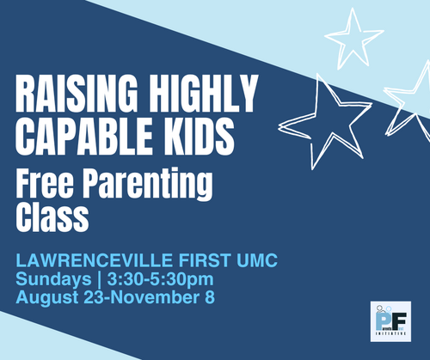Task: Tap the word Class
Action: coord(52,217)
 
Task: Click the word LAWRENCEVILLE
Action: coord(94,260)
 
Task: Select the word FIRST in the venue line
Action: coord(205,260)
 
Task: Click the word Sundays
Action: coord(53,279)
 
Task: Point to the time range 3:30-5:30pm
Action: coord(161,279)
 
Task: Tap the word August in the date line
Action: coord(47,298)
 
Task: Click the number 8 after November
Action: coord(210,296)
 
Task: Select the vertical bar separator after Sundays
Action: coord(99,279)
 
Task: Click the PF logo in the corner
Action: coord(390,321)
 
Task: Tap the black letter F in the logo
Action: coord(400,320)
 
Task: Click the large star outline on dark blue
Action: coord(325,122)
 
